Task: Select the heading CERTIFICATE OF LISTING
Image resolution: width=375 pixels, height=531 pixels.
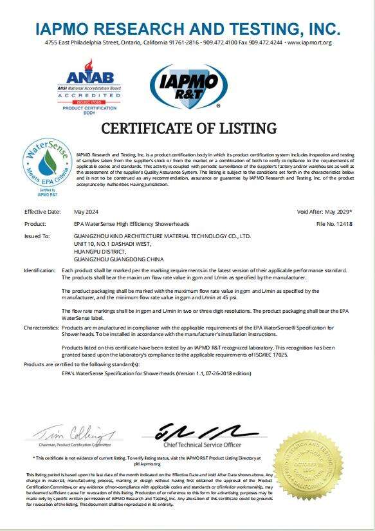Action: tap(188, 128)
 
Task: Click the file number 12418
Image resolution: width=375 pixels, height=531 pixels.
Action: tap(343, 224)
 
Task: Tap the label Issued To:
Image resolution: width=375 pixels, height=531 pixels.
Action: tap(37, 236)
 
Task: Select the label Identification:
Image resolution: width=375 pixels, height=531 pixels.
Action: tap(40, 271)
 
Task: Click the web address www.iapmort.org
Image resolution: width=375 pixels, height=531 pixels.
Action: tap(309, 42)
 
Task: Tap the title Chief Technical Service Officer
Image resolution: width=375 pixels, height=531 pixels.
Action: tap(202, 445)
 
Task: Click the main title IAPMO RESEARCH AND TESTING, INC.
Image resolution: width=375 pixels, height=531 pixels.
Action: tap(187, 28)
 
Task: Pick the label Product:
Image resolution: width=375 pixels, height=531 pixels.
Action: tap(35, 224)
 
